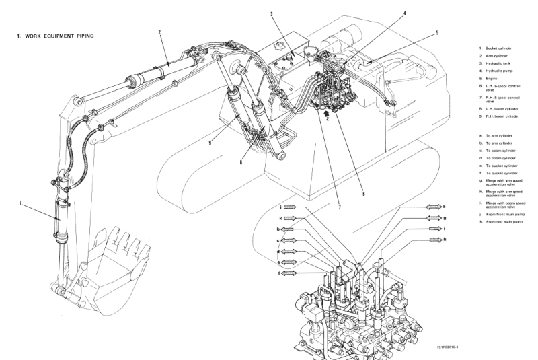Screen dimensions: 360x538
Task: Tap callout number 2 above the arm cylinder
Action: (x=160, y=32)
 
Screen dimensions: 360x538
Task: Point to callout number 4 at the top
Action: (x=405, y=13)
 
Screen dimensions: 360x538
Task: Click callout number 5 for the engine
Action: (x=437, y=32)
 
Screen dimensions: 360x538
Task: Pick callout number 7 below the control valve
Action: (x=340, y=207)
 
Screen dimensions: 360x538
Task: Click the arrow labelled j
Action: (x=290, y=207)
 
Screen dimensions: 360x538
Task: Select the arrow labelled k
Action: (x=290, y=218)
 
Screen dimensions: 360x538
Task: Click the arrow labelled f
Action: (x=290, y=273)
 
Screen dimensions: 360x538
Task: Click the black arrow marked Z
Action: (x=325, y=116)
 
